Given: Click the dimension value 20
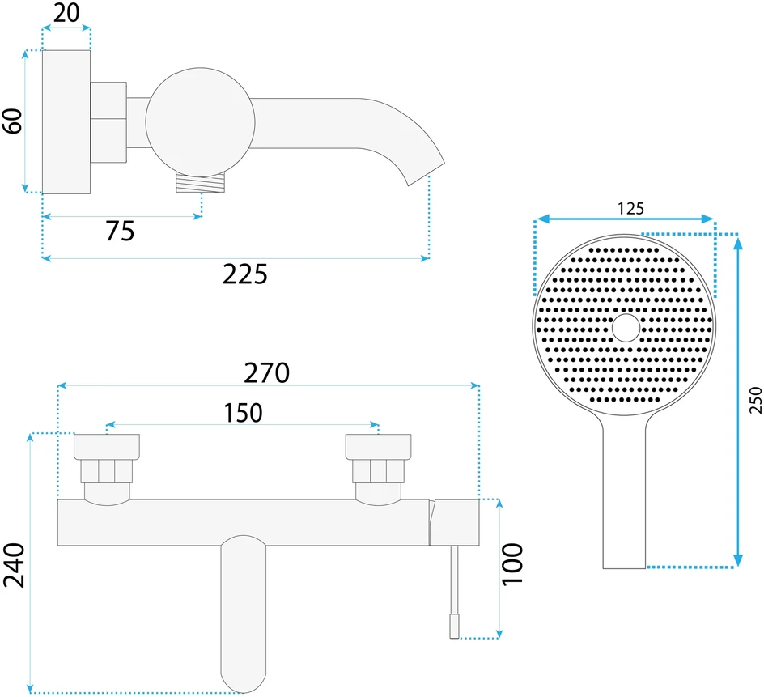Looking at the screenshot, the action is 66,12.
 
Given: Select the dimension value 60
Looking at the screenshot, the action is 13,121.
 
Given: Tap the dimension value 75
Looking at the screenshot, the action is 120,231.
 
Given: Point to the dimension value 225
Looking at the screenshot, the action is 245,274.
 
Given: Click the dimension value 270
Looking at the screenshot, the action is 266,373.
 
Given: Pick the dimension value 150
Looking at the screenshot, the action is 243,413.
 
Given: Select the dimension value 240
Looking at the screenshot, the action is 14,565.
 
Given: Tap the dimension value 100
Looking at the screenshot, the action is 512,564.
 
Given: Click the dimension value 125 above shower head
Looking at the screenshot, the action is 630,209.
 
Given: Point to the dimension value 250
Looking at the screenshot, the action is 755,400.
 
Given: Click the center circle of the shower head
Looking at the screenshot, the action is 626,328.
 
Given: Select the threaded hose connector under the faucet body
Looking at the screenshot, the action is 201,182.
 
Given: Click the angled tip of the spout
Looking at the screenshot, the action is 426,173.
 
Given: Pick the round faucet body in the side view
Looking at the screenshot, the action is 200,122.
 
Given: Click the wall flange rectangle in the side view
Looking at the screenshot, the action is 66,122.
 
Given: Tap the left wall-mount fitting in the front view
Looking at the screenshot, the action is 107,466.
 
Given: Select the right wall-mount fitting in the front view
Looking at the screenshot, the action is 378,466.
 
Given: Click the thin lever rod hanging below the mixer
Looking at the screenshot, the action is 455,592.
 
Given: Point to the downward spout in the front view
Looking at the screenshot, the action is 243,614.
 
